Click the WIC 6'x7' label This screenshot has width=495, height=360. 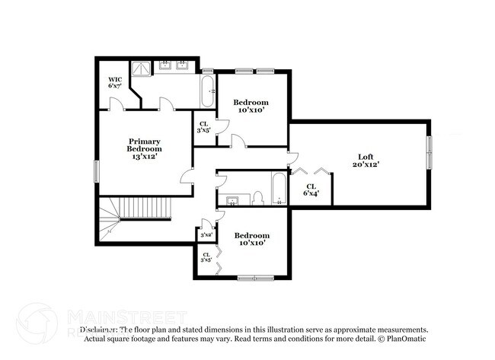(115, 83)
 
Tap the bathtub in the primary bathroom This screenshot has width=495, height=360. (206, 91)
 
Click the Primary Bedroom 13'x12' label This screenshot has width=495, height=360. (144, 148)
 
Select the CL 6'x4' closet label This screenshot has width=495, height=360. (311, 190)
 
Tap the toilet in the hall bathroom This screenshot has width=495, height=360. (258, 199)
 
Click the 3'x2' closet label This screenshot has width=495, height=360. (206, 235)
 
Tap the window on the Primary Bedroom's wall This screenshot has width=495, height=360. (96, 171)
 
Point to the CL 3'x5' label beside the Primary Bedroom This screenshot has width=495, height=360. (203, 127)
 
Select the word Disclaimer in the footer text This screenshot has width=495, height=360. (98, 330)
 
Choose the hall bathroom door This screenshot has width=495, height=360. (222, 180)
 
